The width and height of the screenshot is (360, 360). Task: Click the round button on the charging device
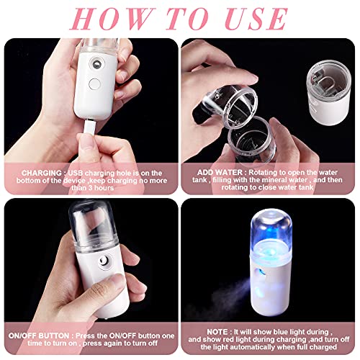coord(94,84)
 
